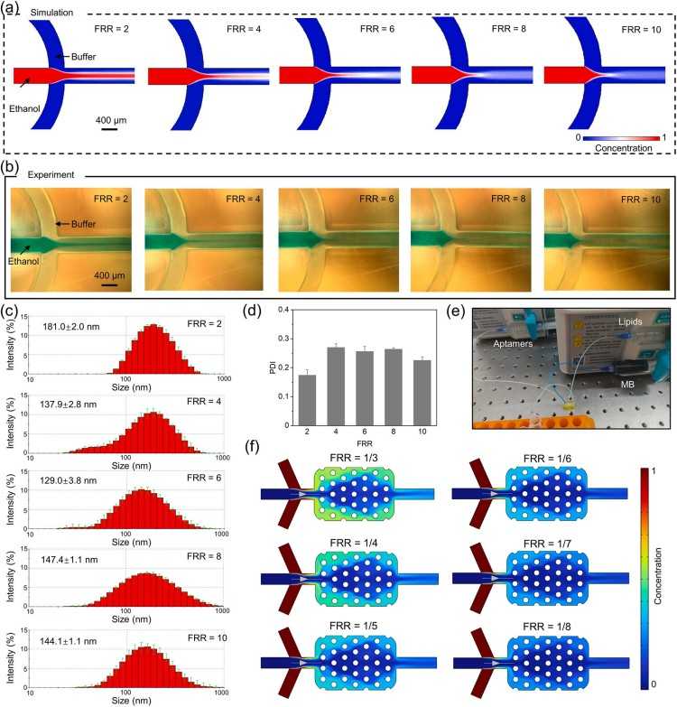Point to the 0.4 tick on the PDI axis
pos(289,310)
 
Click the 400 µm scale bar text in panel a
pos(109,119)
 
